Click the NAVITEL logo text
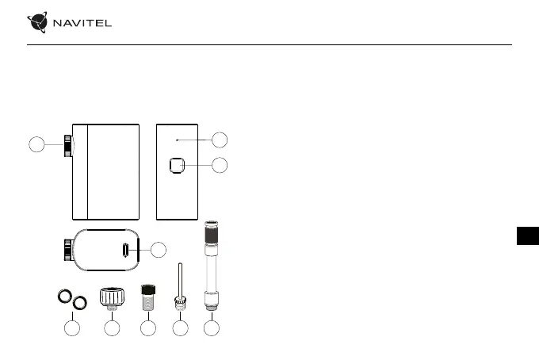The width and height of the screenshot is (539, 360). (x=82, y=22)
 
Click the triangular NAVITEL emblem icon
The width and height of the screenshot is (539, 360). (x=38, y=22)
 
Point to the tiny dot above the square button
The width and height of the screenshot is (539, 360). (x=177, y=140)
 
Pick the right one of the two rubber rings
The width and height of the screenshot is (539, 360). (x=78, y=302)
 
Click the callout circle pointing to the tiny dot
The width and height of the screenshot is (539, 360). (x=220, y=140)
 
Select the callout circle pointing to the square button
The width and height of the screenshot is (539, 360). (x=220, y=166)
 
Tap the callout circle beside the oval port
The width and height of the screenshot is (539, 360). (x=159, y=250)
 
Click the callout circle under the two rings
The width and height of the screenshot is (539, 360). (x=72, y=327)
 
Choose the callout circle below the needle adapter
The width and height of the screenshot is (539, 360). (x=180, y=327)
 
